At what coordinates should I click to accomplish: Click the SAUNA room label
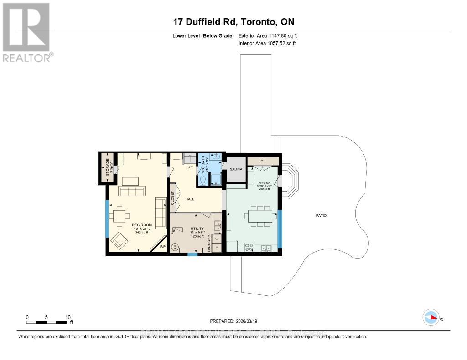[x=236, y=169]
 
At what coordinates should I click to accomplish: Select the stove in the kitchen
[x=249, y=248]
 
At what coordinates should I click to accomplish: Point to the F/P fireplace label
[x=162, y=246]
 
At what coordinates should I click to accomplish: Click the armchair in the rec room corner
[x=119, y=240]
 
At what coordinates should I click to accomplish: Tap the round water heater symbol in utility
[x=175, y=247]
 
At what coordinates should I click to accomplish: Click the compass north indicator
[x=431, y=317]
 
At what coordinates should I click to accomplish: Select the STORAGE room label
[x=108, y=167]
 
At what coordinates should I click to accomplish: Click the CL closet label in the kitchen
[x=263, y=161]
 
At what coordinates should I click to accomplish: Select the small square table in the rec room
[x=119, y=216]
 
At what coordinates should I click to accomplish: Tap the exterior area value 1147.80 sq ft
[x=268, y=35]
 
